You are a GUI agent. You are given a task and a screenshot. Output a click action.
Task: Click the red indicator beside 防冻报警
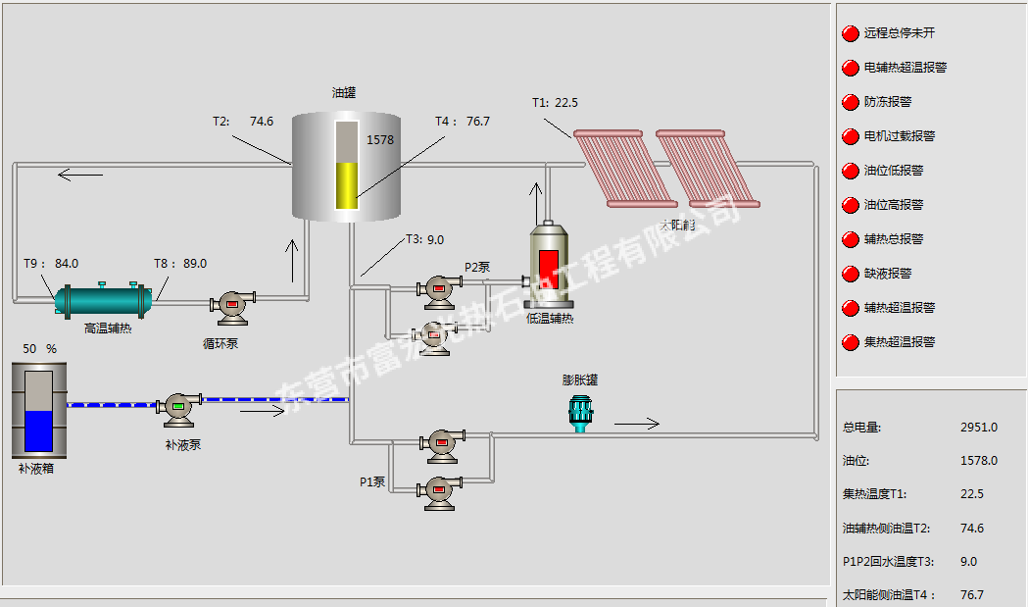click(850, 102)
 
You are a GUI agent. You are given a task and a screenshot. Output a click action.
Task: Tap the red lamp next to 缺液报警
click(850, 274)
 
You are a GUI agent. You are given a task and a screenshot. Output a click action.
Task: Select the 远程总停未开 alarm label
click(899, 33)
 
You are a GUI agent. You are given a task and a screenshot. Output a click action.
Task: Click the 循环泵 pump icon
click(233, 305)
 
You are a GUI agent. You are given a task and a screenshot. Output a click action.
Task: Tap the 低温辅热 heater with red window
click(550, 266)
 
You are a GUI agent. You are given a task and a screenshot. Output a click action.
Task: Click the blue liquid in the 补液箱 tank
click(39, 430)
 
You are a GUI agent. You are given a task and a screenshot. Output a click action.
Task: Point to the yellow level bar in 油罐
click(346, 185)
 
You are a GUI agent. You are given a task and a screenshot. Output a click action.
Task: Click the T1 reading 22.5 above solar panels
click(566, 102)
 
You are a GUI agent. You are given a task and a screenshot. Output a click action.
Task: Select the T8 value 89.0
click(195, 263)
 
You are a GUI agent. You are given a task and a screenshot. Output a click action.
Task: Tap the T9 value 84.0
click(67, 263)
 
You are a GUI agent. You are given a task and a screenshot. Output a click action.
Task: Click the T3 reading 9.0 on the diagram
click(435, 239)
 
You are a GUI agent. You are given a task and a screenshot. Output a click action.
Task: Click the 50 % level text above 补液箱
click(40, 348)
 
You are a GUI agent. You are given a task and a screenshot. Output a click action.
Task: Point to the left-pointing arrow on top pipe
click(80, 176)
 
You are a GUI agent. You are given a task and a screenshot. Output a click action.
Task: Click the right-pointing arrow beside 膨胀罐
click(637, 424)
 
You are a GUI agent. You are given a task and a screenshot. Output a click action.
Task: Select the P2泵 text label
click(478, 267)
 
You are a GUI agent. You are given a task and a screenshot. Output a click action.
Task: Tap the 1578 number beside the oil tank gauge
click(380, 140)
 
